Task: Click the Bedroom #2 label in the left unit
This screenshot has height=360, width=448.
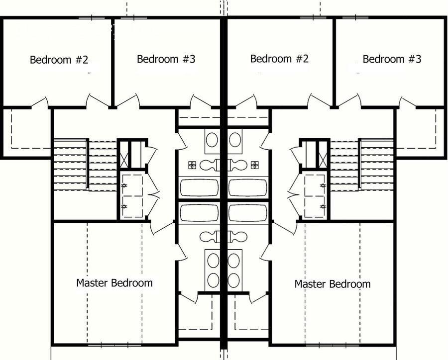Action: [x=59, y=60]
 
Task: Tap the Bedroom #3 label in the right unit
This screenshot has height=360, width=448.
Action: [x=392, y=59]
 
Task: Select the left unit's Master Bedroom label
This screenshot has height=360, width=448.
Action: [x=114, y=283]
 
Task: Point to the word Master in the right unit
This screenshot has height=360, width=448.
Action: [x=310, y=284]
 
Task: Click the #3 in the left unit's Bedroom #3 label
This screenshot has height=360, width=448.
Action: [x=189, y=59]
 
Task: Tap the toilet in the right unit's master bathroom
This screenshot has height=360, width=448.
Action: [x=237, y=237]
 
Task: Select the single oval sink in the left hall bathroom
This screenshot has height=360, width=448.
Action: [x=212, y=140]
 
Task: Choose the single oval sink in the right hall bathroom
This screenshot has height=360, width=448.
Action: [x=234, y=140]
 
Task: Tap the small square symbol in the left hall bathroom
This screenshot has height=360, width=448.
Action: [x=192, y=165]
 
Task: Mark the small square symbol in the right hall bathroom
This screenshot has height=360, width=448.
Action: [x=254, y=165]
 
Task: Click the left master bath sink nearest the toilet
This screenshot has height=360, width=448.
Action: [x=214, y=261]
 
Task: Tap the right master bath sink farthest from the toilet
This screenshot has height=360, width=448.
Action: [x=234, y=280]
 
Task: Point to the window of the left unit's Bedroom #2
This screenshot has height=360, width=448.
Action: [x=92, y=18]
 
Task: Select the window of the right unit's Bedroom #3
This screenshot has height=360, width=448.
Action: [x=355, y=18]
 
